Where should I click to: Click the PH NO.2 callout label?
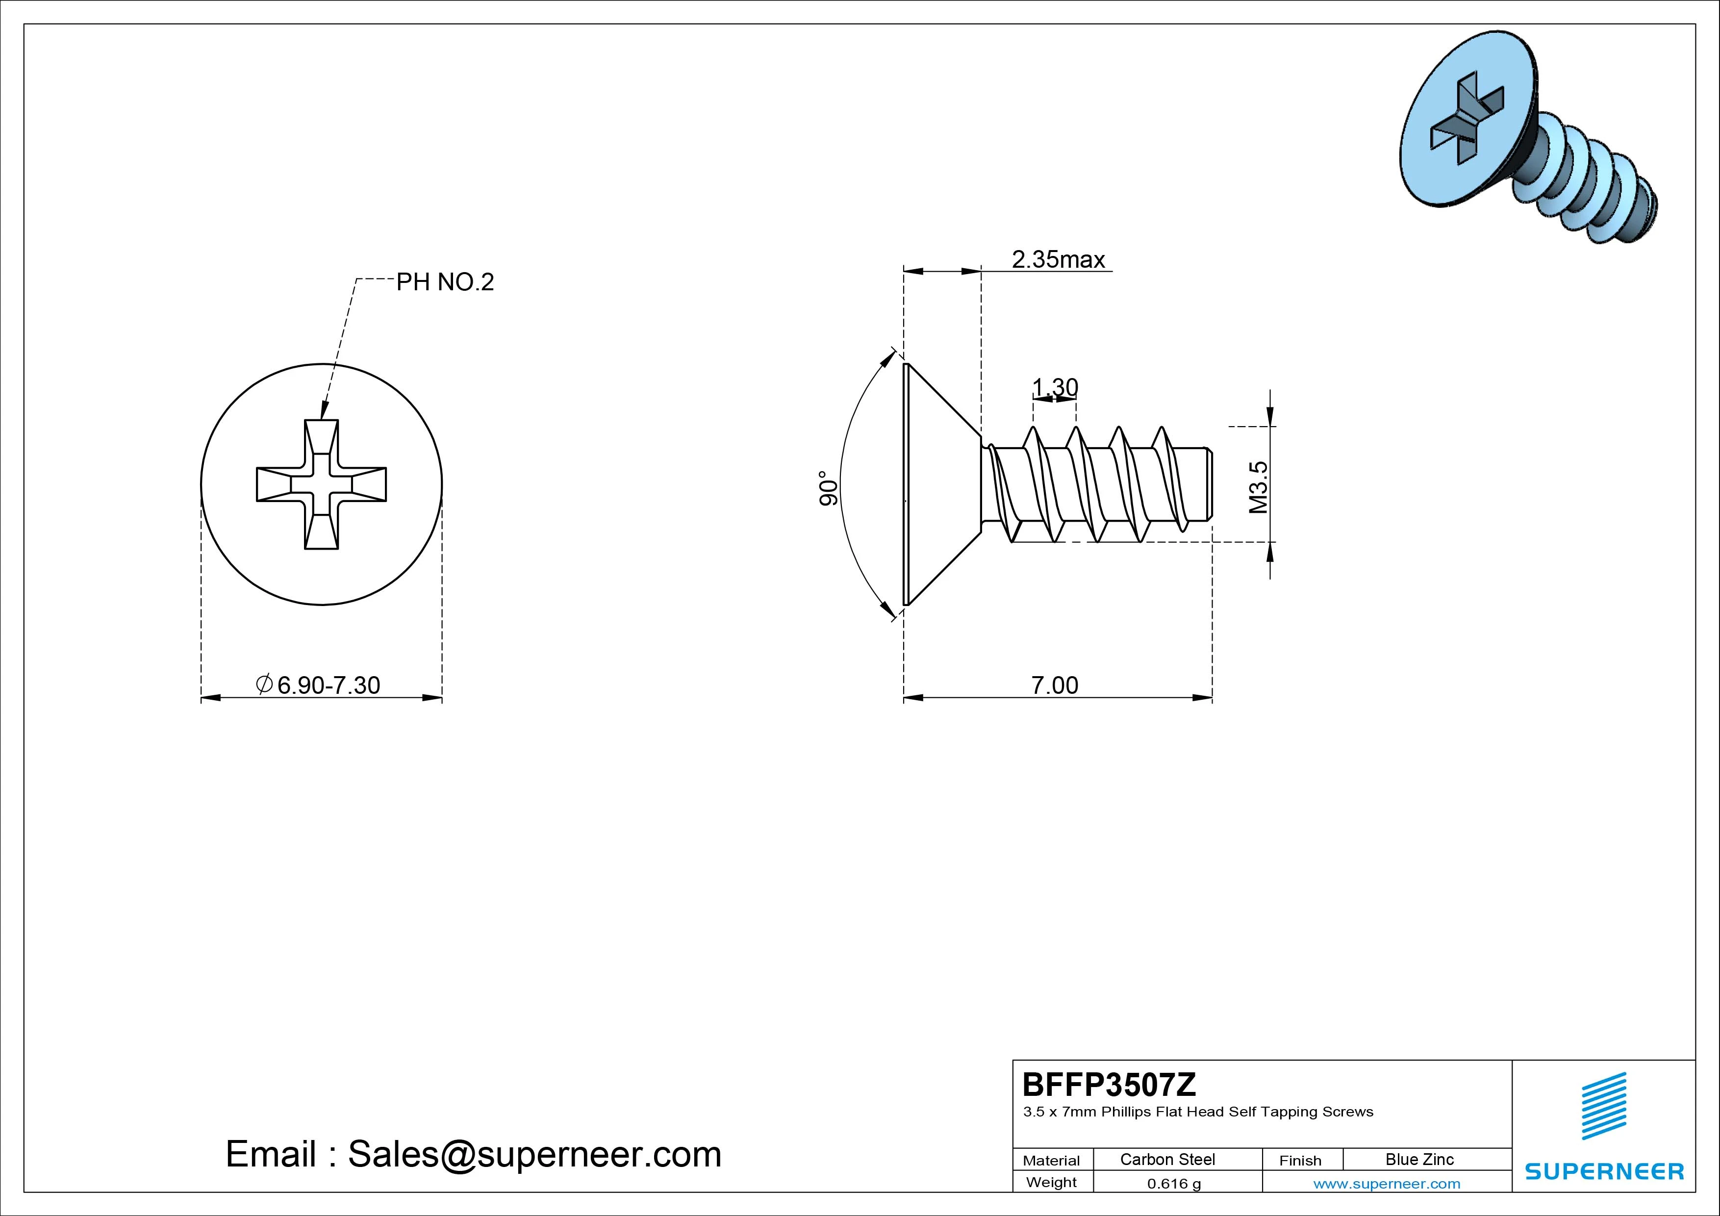tap(445, 282)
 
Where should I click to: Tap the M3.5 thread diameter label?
tap(1259, 487)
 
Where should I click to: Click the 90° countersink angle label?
tap(827, 488)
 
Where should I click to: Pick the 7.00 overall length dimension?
tap(1055, 685)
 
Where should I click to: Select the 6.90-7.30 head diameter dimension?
tap(318, 685)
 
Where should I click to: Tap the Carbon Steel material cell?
tap(1167, 1159)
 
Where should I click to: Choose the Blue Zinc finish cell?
tap(1419, 1159)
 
